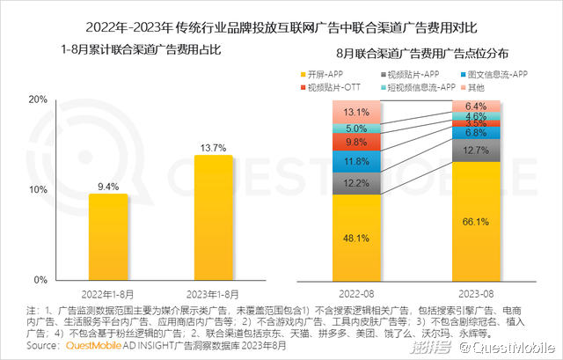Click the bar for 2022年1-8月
(108, 236)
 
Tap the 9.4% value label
(108, 186)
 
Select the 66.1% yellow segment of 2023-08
(476, 220)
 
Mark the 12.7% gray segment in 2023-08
(476, 151)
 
